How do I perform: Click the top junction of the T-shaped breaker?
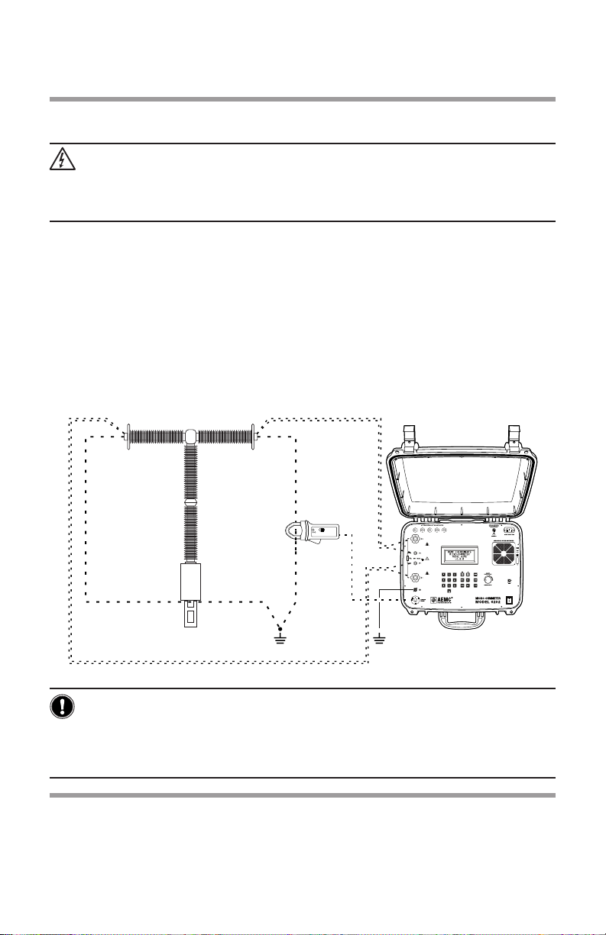[191, 436]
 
